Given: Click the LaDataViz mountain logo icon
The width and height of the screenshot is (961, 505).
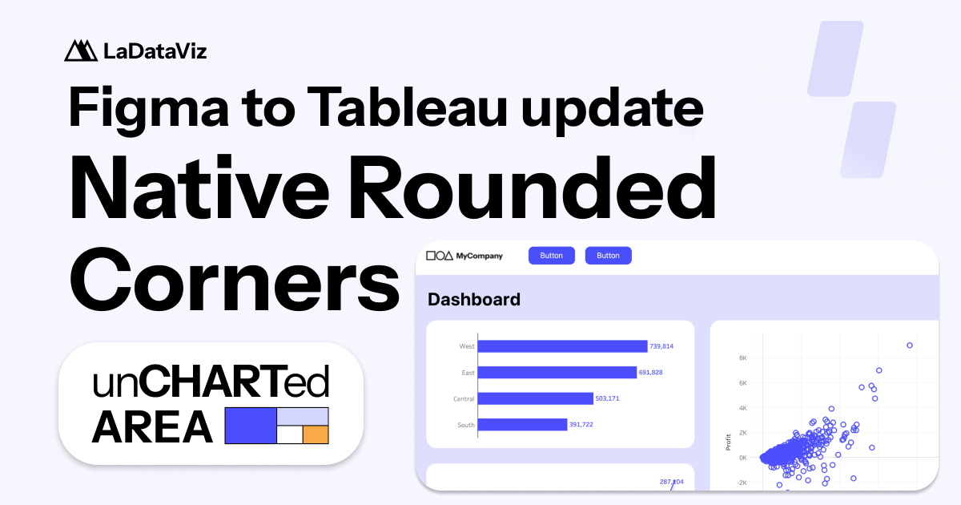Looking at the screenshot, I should (x=80, y=50).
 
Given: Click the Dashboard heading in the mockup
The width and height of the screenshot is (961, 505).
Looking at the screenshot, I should (x=474, y=300).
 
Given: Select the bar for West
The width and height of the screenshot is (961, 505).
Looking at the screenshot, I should (x=562, y=346).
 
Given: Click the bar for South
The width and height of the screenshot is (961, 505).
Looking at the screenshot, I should (x=522, y=425).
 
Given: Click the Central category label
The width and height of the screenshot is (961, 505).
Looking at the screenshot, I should (x=464, y=398).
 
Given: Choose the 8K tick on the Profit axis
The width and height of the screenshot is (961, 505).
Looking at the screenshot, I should (x=742, y=358).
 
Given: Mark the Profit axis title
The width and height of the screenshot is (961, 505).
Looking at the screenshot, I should (x=728, y=442).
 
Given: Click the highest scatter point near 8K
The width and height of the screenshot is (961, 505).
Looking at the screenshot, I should (x=910, y=345).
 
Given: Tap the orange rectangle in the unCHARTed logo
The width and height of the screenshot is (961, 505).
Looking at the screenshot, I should (x=316, y=434).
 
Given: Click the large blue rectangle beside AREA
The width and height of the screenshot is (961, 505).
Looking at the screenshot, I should (x=250, y=426).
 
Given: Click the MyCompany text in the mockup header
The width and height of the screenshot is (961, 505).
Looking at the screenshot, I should (x=479, y=256).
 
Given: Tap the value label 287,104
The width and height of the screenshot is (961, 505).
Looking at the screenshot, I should (x=671, y=482).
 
